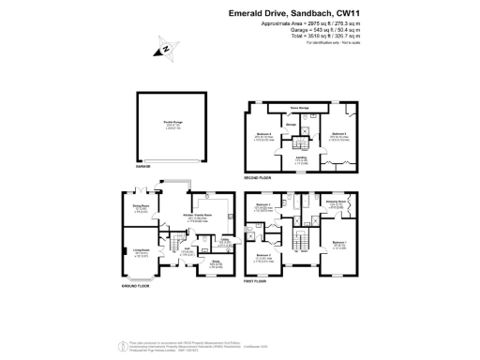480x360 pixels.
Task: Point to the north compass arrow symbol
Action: click(166, 50)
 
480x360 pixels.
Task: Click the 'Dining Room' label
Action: click(142, 208)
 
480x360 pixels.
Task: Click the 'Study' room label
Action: click(215, 263)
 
